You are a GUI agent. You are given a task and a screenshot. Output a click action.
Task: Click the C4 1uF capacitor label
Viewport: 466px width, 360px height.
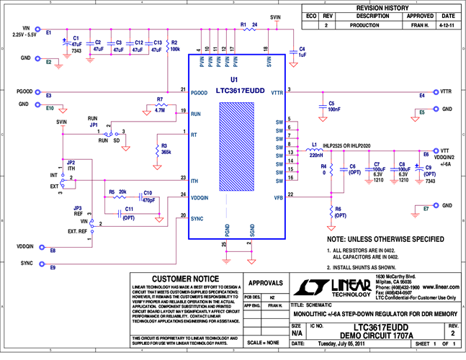coord(302,52)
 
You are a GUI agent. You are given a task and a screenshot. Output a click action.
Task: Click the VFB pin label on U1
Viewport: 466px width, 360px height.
coord(278,197)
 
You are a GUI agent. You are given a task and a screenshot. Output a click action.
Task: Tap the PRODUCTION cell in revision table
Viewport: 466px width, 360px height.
coord(372,25)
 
